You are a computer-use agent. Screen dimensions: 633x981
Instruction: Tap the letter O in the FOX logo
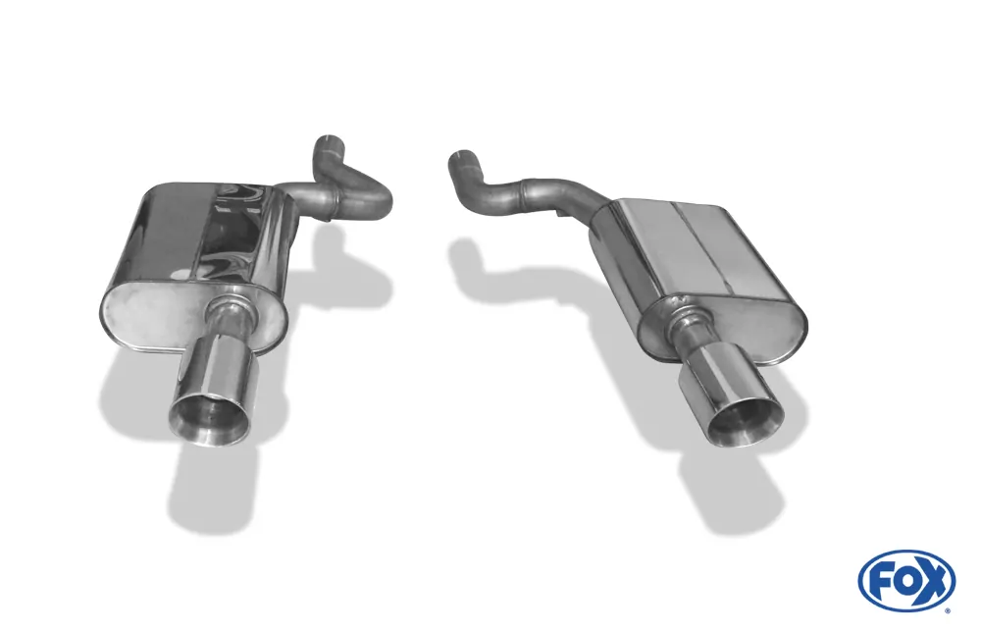click(x=905, y=580)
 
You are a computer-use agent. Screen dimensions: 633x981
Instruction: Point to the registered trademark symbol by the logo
click(x=947, y=610)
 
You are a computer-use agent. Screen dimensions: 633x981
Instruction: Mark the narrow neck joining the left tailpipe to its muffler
click(x=230, y=318)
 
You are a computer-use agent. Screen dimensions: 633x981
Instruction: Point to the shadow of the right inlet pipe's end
click(x=466, y=257)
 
